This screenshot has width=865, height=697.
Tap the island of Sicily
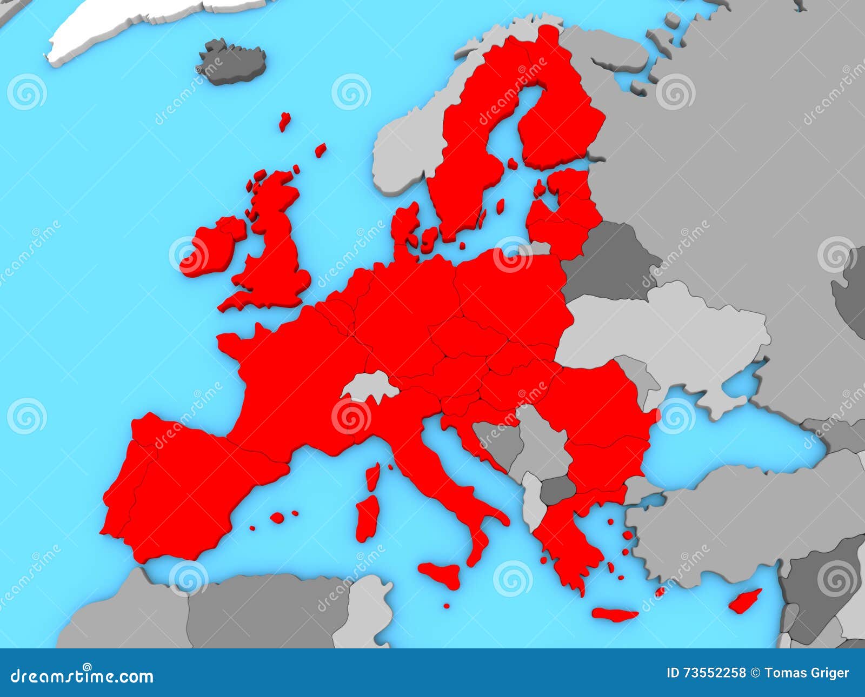(x=441, y=574)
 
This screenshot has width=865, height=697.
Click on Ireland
(x=208, y=249)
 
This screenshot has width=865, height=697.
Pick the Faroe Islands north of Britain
(x=284, y=122)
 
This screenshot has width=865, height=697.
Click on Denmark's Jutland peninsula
(x=403, y=227)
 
